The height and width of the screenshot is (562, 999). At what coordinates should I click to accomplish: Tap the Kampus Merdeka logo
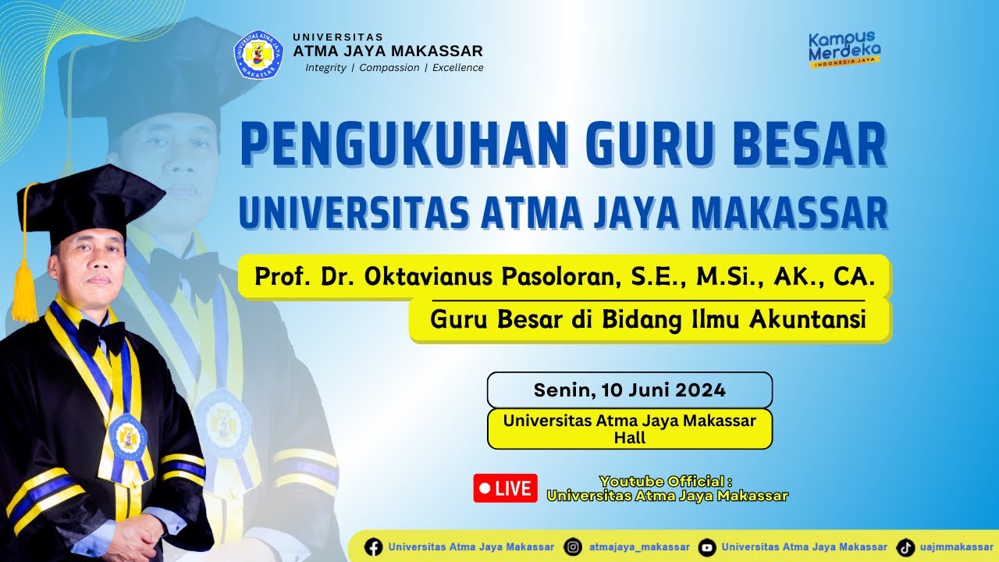(x=844, y=49)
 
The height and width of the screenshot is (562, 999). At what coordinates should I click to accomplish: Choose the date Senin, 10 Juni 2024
(x=629, y=389)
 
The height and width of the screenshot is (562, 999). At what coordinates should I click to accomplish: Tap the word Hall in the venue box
(x=629, y=438)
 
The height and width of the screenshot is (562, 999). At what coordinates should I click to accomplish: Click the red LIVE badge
(x=505, y=489)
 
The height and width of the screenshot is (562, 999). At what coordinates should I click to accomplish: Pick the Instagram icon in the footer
(x=574, y=547)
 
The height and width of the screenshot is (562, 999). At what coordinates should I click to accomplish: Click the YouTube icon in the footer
(x=707, y=547)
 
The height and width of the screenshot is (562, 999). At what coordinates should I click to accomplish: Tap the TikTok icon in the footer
(x=905, y=547)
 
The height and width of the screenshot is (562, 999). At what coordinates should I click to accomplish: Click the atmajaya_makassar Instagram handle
(x=639, y=547)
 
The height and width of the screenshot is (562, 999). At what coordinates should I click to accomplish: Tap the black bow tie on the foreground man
(x=101, y=336)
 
